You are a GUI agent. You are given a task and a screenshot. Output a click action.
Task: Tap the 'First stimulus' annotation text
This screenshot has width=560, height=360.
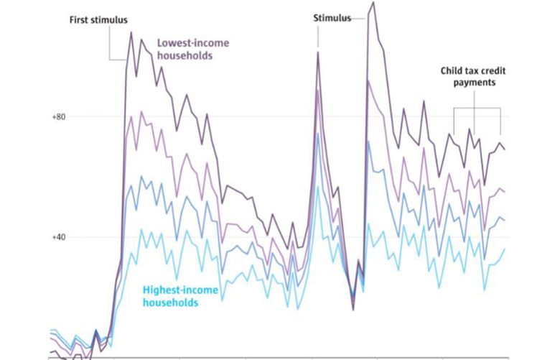(x=103, y=19)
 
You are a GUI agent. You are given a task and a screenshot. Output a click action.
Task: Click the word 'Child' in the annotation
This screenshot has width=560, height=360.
(x=452, y=71)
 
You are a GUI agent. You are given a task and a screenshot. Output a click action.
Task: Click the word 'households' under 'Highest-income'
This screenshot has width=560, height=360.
(x=169, y=303)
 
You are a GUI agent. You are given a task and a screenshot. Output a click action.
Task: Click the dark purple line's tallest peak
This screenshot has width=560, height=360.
(x=372, y=3)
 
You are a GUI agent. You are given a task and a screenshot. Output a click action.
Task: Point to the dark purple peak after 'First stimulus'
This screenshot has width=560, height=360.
(x=131, y=32)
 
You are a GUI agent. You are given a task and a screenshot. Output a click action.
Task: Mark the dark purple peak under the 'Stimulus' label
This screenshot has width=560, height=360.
(x=317, y=52)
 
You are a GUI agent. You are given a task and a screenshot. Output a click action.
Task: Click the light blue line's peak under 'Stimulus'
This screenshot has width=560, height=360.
(x=317, y=187)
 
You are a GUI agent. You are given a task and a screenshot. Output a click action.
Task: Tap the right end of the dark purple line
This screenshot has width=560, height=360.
(x=505, y=149)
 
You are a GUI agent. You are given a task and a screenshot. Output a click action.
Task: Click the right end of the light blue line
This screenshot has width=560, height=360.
(x=505, y=249)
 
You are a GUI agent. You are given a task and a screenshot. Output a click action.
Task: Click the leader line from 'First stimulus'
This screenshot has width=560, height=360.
(x=109, y=43)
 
